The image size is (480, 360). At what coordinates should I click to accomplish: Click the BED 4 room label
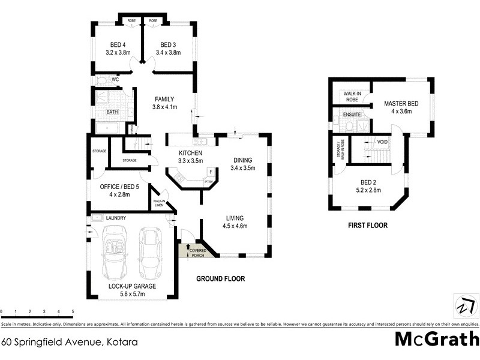coord(118,44)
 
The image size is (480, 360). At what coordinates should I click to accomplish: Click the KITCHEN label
coord(191,154)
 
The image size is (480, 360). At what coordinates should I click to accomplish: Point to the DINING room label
coord(242,160)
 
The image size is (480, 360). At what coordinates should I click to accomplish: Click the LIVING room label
coord(235,218)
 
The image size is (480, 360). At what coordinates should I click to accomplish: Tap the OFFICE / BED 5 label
coord(119,187)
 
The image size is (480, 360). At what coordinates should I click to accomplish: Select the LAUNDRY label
coord(115,218)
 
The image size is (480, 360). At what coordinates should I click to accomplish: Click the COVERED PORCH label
coord(198,253)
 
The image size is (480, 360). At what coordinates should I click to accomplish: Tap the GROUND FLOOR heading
coord(221,279)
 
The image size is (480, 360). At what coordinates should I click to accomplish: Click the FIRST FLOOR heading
coord(368,226)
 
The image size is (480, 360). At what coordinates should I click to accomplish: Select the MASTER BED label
coord(401,103)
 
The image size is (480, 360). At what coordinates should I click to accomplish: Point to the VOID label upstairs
coord(382,142)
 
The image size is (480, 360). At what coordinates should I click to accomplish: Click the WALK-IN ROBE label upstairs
coord(351,96)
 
